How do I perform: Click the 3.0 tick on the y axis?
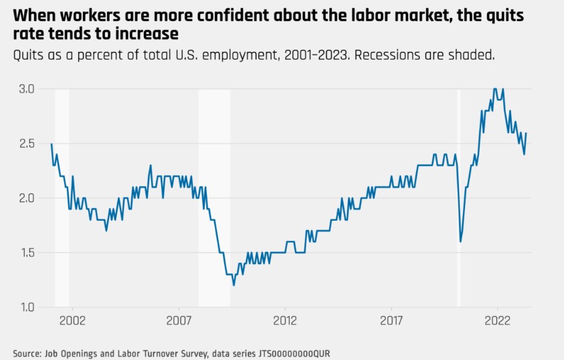27,89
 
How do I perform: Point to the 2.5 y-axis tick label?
27,144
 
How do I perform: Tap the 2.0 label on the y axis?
27,198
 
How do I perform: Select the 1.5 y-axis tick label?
27,253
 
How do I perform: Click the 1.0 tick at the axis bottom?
27,307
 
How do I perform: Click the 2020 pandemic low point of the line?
460,242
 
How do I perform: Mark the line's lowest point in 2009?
233,285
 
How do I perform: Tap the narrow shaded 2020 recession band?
459,201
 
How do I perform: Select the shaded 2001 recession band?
62,201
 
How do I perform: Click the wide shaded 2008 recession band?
214,201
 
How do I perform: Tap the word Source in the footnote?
27,352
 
